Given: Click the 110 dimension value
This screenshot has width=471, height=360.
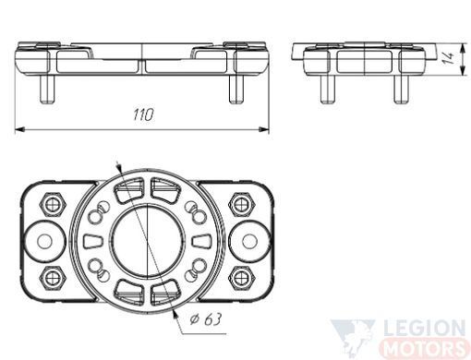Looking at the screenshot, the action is [x=143, y=114].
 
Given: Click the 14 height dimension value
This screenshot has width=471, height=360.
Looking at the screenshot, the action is [x=449, y=57].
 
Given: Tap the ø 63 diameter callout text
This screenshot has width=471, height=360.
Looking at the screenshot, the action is [x=205, y=319].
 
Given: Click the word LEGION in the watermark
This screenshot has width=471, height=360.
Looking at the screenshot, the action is [x=425, y=329].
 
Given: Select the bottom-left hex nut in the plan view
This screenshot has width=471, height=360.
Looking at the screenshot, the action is [x=53, y=278].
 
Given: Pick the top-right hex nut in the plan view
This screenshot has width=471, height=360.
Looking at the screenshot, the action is [x=242, y=205].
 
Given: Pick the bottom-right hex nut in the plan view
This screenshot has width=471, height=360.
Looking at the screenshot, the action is [x=242, y=278].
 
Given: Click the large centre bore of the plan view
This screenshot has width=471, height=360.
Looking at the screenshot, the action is [x=148, y=241].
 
